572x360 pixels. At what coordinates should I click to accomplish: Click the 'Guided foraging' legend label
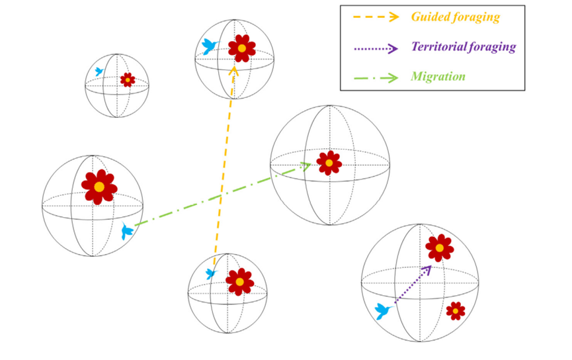[x=455, y=17]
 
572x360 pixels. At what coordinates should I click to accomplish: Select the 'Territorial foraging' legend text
[x=463, y=47]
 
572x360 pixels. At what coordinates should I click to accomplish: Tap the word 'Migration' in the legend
[x=438, y=77]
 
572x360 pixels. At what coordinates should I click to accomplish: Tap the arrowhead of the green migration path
[x=306, y=165]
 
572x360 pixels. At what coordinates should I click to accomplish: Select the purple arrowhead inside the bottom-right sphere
[x=429, y=269]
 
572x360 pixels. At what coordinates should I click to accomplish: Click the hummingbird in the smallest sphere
[x=99, y=71]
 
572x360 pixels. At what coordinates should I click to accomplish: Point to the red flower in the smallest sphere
[x=128, y=80]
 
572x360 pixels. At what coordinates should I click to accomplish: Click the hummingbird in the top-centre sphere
[x=210, y=46]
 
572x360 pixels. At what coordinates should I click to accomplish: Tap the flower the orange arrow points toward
[x=242, y=48]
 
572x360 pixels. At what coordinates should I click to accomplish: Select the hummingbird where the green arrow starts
[x=126, y=232]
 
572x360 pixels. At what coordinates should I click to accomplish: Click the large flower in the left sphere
[x=99, y=187]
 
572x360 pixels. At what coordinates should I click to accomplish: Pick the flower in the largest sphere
[x=329, y=163]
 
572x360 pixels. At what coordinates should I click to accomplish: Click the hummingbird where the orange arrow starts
[x=211, y=273]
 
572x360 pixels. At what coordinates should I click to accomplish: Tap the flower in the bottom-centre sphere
[x=239, y=282]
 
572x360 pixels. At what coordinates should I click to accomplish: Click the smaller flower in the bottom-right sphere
[x=454, y=310]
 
